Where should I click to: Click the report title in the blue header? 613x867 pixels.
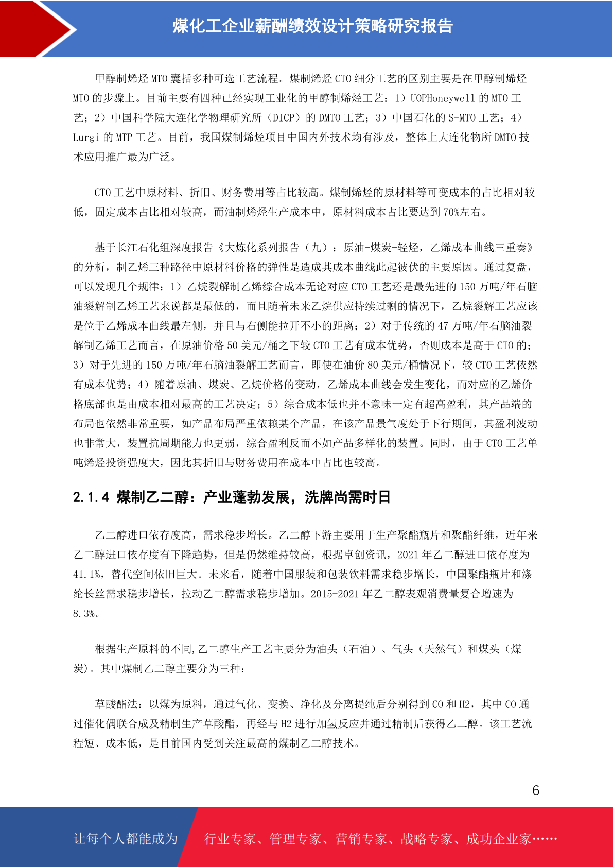312,26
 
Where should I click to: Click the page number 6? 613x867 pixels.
536,790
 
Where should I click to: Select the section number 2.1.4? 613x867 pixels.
91,497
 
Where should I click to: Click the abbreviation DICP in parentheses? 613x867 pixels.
284,118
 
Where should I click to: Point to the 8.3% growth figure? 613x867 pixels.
84,614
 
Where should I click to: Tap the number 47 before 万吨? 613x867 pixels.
443,326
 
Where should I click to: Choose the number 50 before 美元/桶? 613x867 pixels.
233,345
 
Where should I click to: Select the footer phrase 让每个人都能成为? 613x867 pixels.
126,839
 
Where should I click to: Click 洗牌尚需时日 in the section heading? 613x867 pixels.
347,497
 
